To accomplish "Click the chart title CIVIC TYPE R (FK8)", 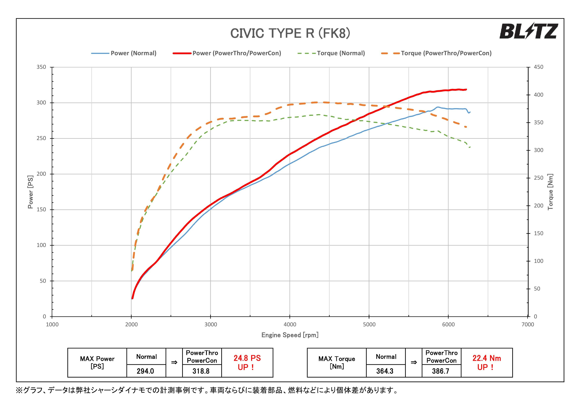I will [x=290, y=33].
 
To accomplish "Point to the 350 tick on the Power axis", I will [x=41, y=67].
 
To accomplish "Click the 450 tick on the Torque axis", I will [x=538, y=67].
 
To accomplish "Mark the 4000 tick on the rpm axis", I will [x=290, y=324].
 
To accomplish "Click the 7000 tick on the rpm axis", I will [x=528, y=324].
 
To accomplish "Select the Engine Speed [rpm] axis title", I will [x=290, y=335].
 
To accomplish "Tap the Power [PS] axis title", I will [x=30, y=192].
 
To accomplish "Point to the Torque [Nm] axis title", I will [x=550, y=192].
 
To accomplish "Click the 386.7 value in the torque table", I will [x=441, y=371].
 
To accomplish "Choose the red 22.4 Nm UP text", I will [x=486, y=362].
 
